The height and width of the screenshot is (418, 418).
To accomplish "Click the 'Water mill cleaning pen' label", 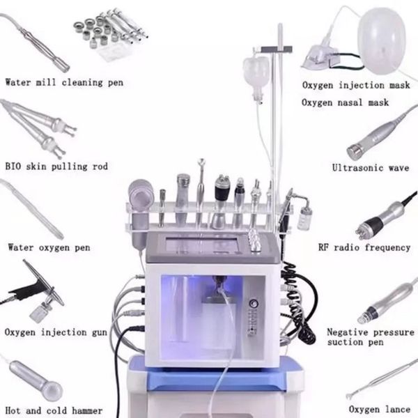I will pos(64,83).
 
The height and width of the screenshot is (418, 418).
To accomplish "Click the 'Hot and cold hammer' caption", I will pos(54,410).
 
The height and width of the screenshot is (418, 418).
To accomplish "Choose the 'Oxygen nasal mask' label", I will pos(345,102).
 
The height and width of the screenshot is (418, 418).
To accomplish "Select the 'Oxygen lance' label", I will pos(373,410).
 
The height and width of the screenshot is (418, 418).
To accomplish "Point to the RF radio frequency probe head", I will pos(366,227).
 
